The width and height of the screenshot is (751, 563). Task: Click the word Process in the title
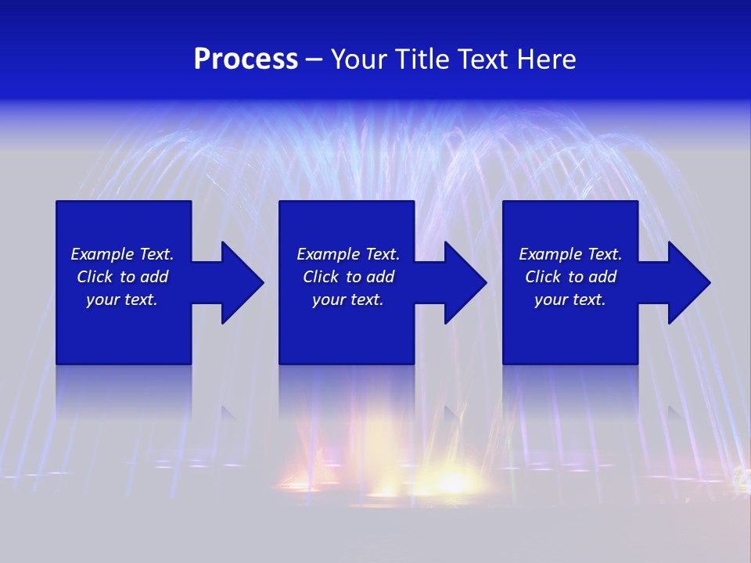tap(246, 59)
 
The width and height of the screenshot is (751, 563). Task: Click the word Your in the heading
tap(359, 59)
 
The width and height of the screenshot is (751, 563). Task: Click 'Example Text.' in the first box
tap(122, 254)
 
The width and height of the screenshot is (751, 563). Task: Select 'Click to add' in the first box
tap(122, 277)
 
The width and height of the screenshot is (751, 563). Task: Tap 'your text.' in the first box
tap(122, 299)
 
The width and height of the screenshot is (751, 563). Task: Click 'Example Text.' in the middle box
tap(348, 254)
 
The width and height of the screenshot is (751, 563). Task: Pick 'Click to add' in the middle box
tap(348, 277)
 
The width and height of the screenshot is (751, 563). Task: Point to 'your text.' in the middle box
tap(348, 299)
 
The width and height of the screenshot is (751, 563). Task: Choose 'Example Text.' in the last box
tap(570, 254)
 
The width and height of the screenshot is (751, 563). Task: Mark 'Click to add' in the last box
tap(570, 277)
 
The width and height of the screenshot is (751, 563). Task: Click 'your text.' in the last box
tap(570, 299)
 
